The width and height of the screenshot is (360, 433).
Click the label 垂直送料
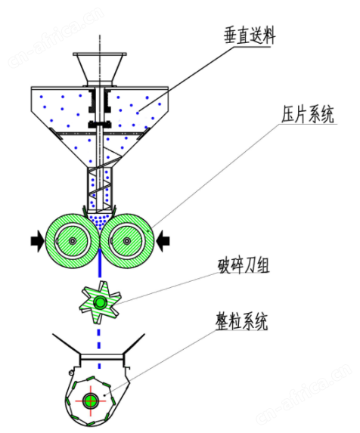tap(250, 36)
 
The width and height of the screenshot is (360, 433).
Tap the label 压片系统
tap(308, 113)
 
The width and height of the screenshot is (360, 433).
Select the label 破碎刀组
tap(244, 266)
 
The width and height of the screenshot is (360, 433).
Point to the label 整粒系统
tap(241, 321)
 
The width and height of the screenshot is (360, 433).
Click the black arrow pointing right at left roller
tap(37, 241)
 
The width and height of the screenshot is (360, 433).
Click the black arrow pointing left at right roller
tap(163, 241)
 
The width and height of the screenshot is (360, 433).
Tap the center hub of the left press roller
tap(73, 241)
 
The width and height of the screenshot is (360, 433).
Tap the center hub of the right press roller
tap(126, 241)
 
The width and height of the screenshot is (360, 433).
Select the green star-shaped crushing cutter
tap(100, 302)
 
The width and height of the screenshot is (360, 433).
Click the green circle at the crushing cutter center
tap(100, 302)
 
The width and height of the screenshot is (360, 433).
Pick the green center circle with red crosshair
tap(90, 401)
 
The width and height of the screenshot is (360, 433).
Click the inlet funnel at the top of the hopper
tap(100, 69)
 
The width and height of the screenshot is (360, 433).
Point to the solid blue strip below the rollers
tap(100, 262)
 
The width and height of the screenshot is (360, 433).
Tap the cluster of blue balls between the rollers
tap(100, 220)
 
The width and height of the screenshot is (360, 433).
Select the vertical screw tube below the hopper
tap(100, 187)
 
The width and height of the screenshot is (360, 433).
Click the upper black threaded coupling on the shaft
tap(100, 101)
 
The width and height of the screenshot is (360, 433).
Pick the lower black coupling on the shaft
tap(100, 125)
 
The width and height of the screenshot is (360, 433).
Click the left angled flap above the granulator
tap(66, 344)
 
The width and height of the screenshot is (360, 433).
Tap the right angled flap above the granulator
tap(134, 344)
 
